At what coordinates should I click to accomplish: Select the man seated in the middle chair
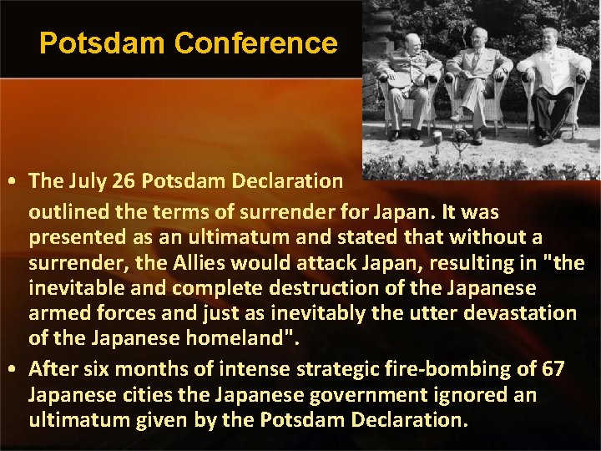coord(477,84)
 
